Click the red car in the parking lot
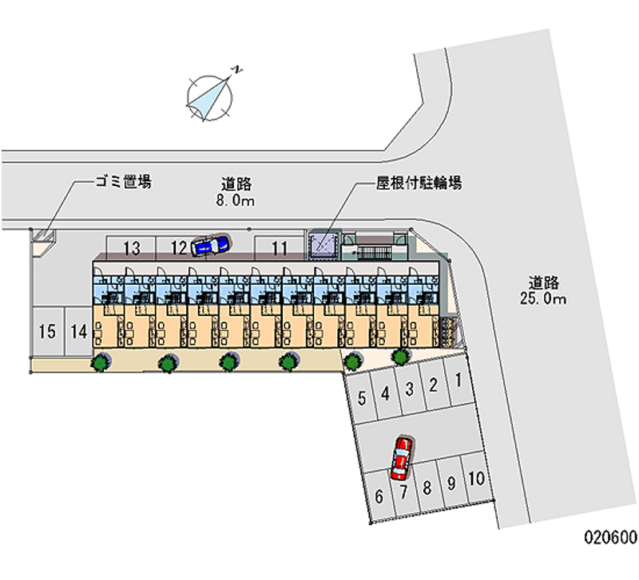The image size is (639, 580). pos(400,456)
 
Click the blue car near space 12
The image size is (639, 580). pos(209,246)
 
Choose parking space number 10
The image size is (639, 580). pos(476,479)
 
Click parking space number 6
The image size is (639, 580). pos(379,496)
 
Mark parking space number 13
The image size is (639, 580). pos(133,248)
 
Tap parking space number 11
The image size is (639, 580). pos(279,248)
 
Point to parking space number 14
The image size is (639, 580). pos(78,331)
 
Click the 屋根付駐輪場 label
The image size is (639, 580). pos(419,183)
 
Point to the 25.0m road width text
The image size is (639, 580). pos(547,299)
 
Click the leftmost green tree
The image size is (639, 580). pos(101,363)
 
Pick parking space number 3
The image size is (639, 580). pos(408,389)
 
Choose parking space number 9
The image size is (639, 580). pos(452,483)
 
